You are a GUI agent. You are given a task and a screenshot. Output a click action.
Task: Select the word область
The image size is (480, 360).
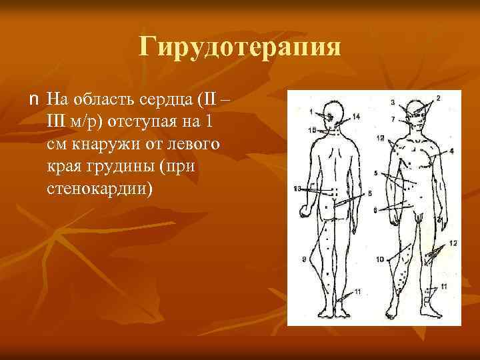point(107,101)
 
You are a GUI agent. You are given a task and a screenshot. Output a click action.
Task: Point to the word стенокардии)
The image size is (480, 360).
point(100,189)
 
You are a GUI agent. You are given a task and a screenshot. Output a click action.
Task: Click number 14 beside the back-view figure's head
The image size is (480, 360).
point(356,117)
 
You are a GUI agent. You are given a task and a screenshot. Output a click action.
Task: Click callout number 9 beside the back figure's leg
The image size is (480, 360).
point(303,258)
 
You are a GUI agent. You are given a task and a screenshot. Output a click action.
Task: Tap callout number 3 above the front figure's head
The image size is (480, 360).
point(393,102)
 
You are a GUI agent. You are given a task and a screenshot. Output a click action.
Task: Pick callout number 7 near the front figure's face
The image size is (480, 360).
point(393,119)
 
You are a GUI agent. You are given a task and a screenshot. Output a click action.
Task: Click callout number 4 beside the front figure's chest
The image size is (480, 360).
point(451,151)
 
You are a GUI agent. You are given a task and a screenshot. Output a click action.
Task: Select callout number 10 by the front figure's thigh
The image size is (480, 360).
point(379,258)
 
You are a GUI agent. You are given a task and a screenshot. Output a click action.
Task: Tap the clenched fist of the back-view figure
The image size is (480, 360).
point(305,213)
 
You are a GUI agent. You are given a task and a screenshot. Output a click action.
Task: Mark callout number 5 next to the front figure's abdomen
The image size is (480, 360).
point(376,173)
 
